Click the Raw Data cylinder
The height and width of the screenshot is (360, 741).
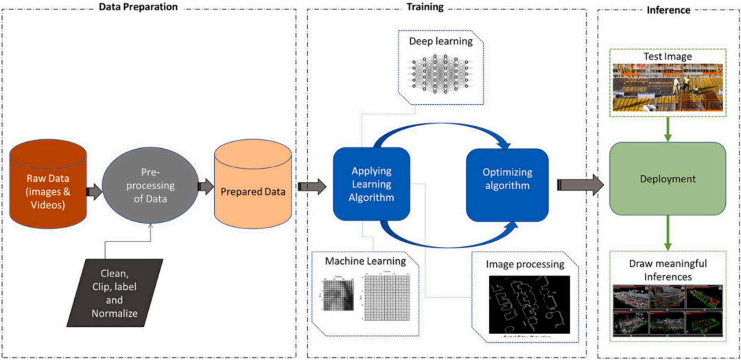(47, 184)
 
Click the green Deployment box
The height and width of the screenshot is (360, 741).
(668, 178)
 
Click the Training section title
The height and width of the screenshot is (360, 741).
(425, 8)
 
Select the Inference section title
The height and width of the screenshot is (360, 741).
(668, 10)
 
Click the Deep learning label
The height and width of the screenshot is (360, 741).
(440, 41)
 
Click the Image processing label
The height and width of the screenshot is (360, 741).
(525, 264)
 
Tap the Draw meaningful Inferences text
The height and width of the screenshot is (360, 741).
(667, 269)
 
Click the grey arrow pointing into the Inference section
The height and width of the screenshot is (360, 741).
(580, 184)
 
